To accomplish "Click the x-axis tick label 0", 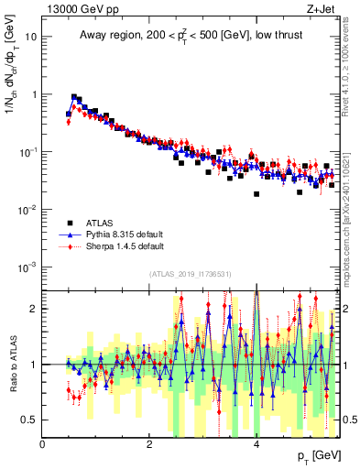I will click(x=43, y=444).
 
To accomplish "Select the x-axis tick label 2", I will click(x=149, y=444).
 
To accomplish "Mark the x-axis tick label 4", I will click(x=256, y=444).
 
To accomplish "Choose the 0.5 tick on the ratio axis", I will click(x=30, y=420).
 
